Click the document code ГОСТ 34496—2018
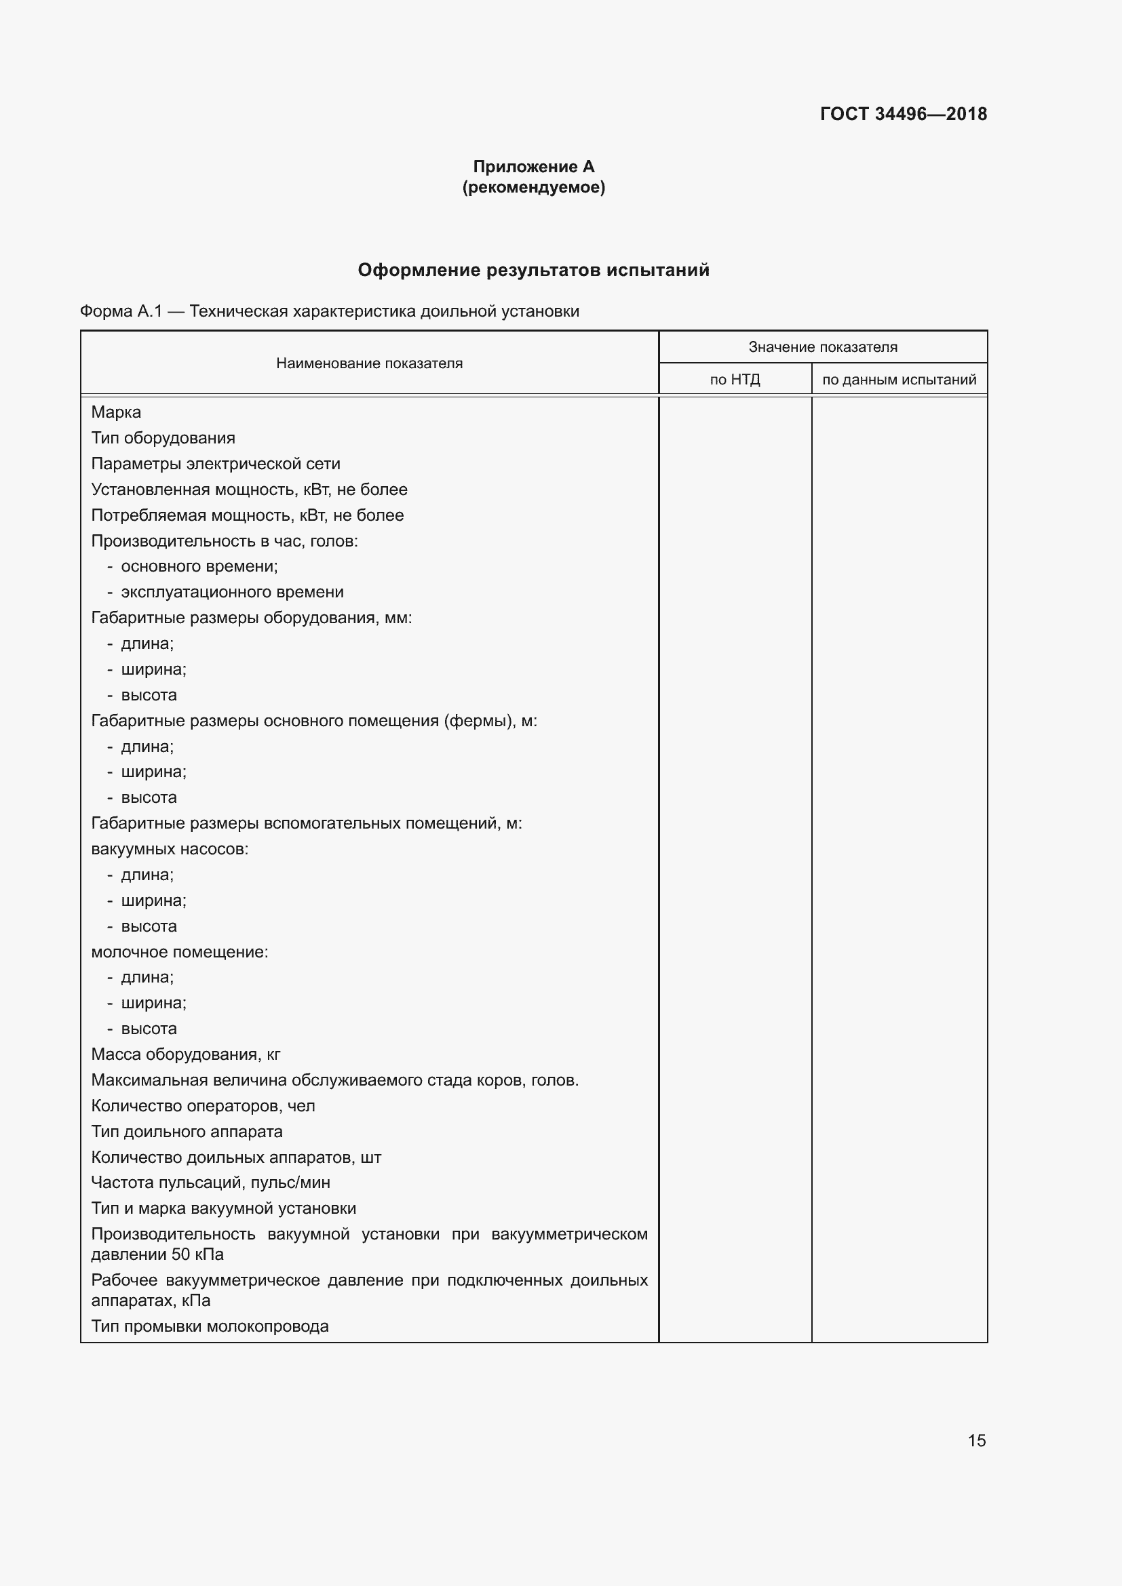click(x=903, y=114)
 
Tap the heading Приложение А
click(x=533, y=167)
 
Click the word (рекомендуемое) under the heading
click(x=533, y=187)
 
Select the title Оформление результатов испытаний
click(x=533, y=270)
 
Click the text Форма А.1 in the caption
click(x=121, y=311)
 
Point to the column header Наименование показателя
click(x=369, y=363)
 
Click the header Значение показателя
click(x=822, y=347)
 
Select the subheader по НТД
click(x=735, y=380)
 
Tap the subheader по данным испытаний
click(x=899, y=380)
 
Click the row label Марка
click(x=116, y=412)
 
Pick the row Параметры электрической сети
click(x=216, y=464)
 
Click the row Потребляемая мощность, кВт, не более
click(x=248, y=515)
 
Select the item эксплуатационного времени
click(x=232, y=592)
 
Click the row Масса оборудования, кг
click(x=185, y=1054)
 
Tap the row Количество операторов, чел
click(x=203, y=1106)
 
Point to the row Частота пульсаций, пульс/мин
click(x=211, y=1183)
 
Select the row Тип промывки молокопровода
click(x=210, y=1326)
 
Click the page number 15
click(x=976, y=1440)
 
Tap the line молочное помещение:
click(x=180, y=952)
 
